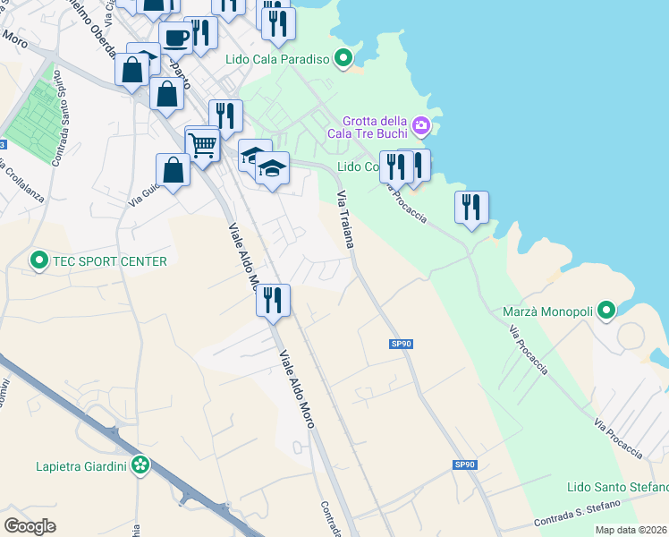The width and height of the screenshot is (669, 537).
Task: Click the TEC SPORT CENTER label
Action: pos(110,261)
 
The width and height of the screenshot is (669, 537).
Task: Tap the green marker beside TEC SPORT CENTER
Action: pos(39,261)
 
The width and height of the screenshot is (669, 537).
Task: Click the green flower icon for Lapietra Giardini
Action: pos(140,465)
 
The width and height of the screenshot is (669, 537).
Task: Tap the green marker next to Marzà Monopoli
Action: pos(606,311)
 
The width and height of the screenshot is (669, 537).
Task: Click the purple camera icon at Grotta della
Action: pos(421,124)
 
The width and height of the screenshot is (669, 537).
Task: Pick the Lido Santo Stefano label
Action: pos(618,487)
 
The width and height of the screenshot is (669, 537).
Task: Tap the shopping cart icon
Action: pos(203,143)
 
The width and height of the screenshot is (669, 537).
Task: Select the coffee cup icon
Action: pos(175,38)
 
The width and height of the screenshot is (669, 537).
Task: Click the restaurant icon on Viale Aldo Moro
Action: pos(273,300)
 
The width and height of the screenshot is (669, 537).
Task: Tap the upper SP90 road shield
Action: pos(401,344)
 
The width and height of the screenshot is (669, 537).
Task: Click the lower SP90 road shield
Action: pos(463,465)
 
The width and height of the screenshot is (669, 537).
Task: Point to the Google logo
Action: pos(30,525)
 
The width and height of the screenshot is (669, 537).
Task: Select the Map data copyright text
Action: pos(631,530)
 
